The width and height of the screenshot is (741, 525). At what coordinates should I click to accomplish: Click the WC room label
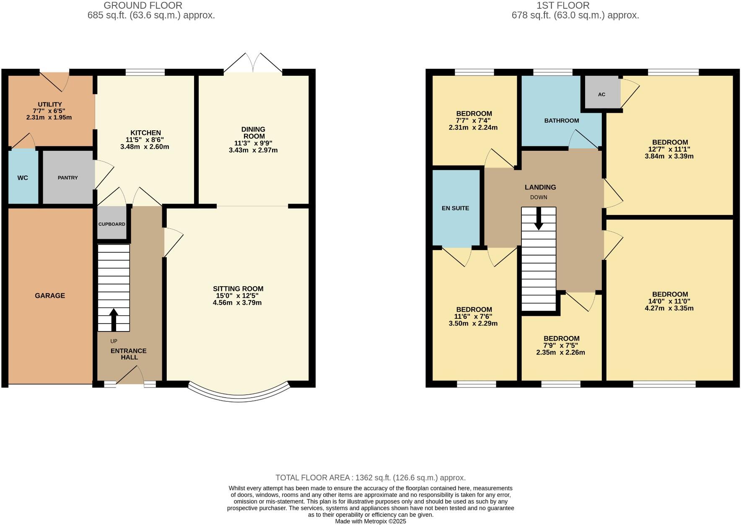pos(23,178)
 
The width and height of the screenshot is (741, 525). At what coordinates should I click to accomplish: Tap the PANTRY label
pos(67,178)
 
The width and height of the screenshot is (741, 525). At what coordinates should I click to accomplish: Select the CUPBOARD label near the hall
pos(111,224)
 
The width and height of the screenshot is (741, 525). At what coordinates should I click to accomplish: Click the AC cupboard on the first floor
pos(601,94)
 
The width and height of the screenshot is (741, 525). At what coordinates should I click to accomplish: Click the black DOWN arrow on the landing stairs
pos(539,219)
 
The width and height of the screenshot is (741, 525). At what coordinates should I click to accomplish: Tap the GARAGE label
pos(50,295)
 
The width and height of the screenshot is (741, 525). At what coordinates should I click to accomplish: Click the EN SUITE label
pos(455,208)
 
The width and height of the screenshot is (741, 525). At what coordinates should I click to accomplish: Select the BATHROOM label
pos(561,121)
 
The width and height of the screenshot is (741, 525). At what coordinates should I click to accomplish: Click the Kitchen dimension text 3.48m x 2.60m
pos(145,147)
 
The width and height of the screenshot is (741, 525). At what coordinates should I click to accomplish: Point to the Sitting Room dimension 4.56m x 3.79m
pos(237,303)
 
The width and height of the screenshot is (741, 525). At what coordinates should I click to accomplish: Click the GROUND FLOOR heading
pos(143,5)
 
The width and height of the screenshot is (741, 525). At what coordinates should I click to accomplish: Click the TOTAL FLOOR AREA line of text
pos(370,478)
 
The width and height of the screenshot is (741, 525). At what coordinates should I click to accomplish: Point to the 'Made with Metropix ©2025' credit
pos(370,522)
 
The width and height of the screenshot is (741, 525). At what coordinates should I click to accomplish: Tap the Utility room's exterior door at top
pos(54,80)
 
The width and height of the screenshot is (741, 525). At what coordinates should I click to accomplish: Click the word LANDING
pos(540,187)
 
